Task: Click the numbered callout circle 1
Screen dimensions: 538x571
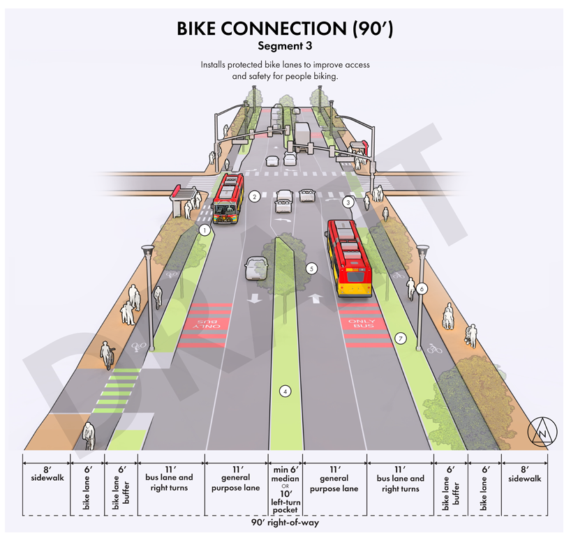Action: [x=205, y=229]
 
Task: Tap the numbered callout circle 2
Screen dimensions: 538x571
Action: [x=255, y=197]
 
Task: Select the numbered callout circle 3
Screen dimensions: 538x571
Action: [x=348, y=202]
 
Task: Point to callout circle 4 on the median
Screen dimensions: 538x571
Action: [x=285, y=391]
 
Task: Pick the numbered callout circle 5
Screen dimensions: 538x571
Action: [x=311, y=267]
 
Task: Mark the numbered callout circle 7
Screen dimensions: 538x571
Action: [x=400, y=338]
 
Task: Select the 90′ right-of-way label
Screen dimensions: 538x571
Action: [x=285, y=521]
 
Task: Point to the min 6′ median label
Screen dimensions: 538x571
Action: [x=285, y=475]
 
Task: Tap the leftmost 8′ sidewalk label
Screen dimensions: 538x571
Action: [x=47, y=475]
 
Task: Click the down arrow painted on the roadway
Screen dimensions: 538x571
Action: [x=253, y=298]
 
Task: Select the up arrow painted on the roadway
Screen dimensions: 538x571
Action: [x=316, y=298]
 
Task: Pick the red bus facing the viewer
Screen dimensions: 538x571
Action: [x=228, y=197]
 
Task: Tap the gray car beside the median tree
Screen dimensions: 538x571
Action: [x=256, y=267]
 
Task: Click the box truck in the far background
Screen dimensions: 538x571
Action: [x=302, y=135]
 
